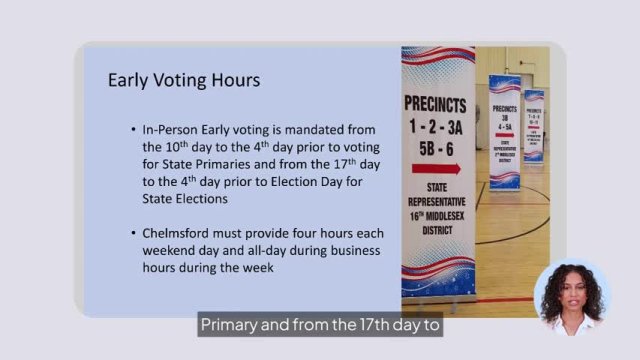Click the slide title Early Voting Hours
coord(184,80)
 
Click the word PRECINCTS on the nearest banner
coord(437,103)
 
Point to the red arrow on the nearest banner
coord(437,168)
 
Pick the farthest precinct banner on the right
coord(534,125)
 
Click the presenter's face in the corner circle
coord(572,296)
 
